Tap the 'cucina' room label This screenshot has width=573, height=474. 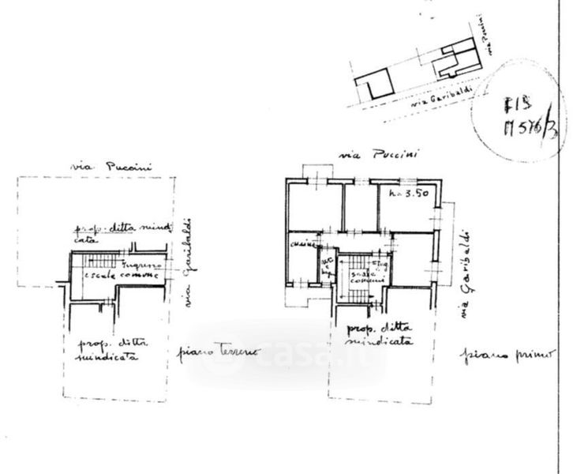[x=301, y=246]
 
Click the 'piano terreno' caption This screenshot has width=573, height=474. [x=210, y=354]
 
